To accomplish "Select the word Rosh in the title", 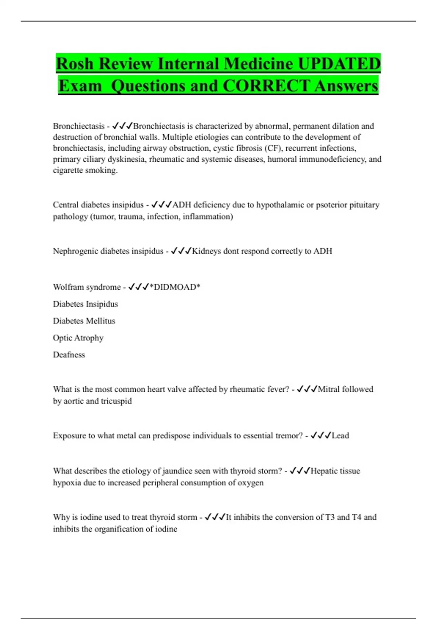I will [x=75, y=64].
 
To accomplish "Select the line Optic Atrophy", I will [x=78, y=338].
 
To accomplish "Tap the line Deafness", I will [x=69, y=355].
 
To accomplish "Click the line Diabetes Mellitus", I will [x=84, y=321].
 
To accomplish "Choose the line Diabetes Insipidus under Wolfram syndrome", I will [x=85, y=304].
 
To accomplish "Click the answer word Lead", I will [x=340, y=435].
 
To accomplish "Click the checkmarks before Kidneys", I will [x=181, y=251].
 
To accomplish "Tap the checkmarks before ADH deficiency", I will [x=161, y=205].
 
